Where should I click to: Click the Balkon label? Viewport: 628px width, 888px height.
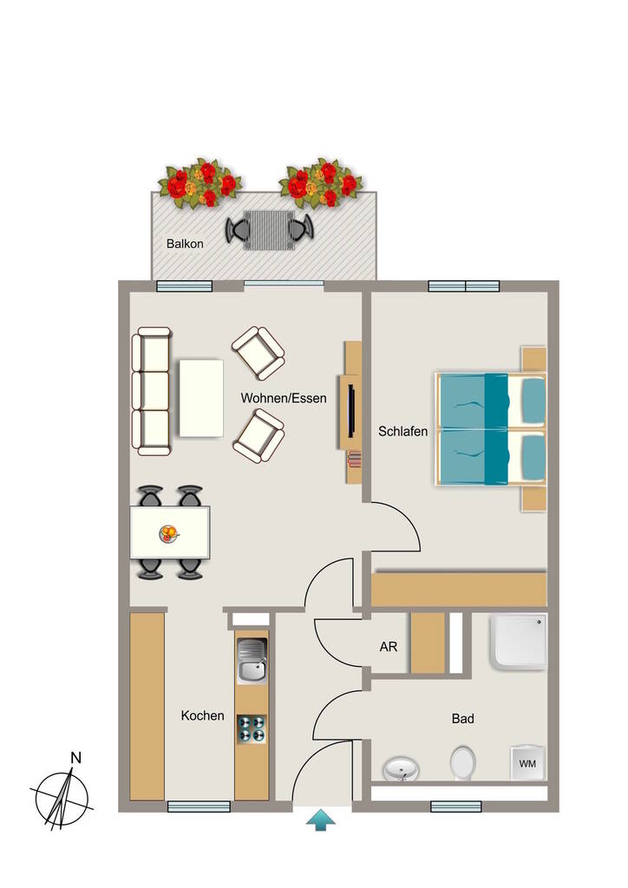pos(185,244)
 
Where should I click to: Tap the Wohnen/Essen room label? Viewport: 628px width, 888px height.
pos(284,398)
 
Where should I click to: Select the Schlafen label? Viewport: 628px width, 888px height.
pos(402,432)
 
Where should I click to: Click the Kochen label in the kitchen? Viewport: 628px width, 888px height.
pos(202,715)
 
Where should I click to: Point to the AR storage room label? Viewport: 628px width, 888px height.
pos(389,647)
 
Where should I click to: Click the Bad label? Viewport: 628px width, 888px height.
pos(462,719)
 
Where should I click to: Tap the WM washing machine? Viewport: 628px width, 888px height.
pos(527,763)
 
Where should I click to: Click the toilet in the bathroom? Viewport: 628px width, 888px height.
pos(462,763)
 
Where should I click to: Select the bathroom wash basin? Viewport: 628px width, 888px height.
pos(402,769)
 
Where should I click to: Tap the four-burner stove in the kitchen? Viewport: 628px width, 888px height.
pos(252,728)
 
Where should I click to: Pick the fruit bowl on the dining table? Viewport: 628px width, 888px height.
pos(169,533)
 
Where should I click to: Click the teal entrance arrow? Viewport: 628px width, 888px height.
pos(321,820)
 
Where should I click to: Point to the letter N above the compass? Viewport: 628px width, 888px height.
pos(75,758)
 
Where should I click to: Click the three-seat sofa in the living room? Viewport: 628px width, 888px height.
pos(151,391)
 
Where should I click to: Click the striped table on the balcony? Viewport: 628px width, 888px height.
pos(269,230)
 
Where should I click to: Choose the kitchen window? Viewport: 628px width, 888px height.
pos(199,806)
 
